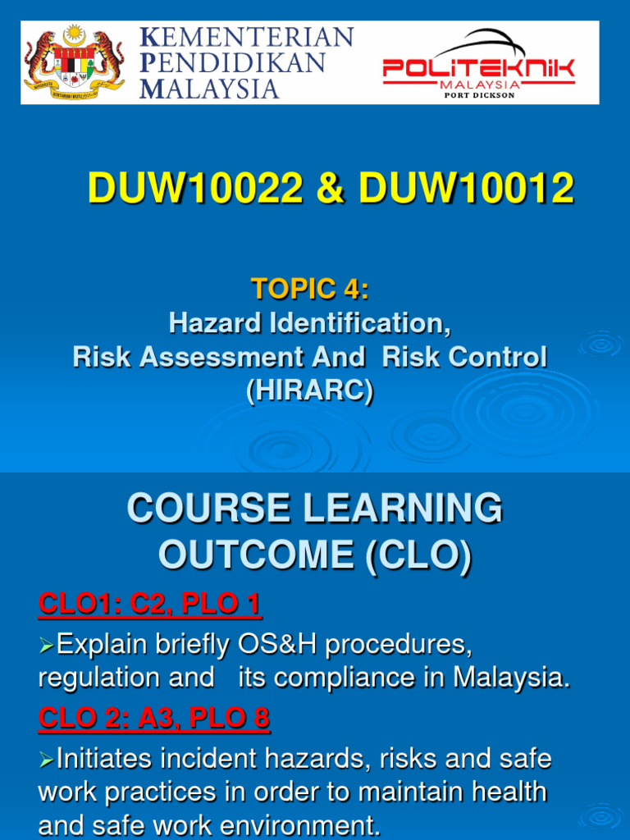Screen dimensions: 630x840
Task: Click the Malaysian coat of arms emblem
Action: coord(74,62)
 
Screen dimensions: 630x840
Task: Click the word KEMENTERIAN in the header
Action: coord(246,38)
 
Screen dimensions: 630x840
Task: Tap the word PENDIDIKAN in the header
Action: coord(232,62)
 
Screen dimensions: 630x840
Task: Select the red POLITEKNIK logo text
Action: coord(478,69)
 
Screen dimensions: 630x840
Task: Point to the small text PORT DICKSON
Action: coord(479,95)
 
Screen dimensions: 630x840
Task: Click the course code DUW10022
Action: coord(195,188)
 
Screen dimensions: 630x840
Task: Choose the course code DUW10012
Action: coord(467,188)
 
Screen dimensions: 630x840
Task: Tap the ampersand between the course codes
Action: coord(331,188)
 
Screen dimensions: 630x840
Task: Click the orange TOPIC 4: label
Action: coord(310,289)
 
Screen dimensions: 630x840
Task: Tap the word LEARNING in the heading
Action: coord(404,508)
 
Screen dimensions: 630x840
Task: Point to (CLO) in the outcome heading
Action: coord(418,555)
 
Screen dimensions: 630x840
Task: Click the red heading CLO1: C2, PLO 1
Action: coord(149,604)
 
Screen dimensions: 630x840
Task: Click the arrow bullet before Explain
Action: coord(46,646)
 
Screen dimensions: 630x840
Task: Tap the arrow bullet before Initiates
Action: coord(46,760)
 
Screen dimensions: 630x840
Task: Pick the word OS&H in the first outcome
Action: coord(277,644)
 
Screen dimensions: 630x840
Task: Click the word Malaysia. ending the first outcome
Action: coord(512,678)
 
